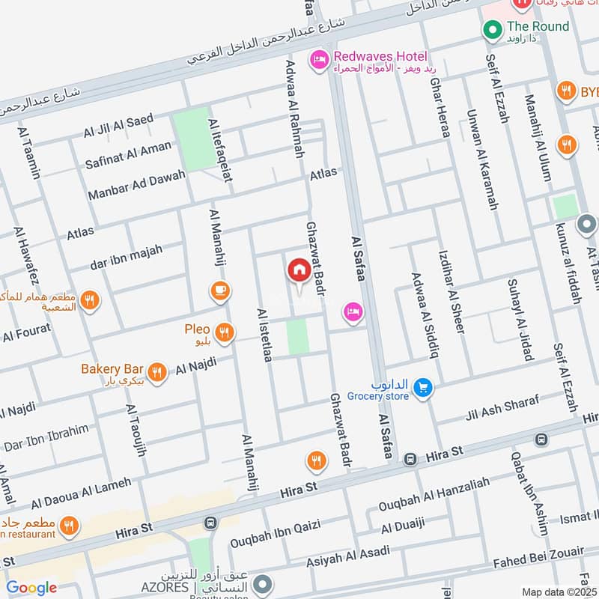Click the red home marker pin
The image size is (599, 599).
(x=299, y=271)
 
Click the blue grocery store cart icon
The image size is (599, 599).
(x=423, y=387)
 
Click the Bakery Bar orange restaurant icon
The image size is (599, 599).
(x=156, y=371)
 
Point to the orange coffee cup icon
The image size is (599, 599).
(x=219, y=291)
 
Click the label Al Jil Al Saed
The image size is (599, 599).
(x=118, y=126)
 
